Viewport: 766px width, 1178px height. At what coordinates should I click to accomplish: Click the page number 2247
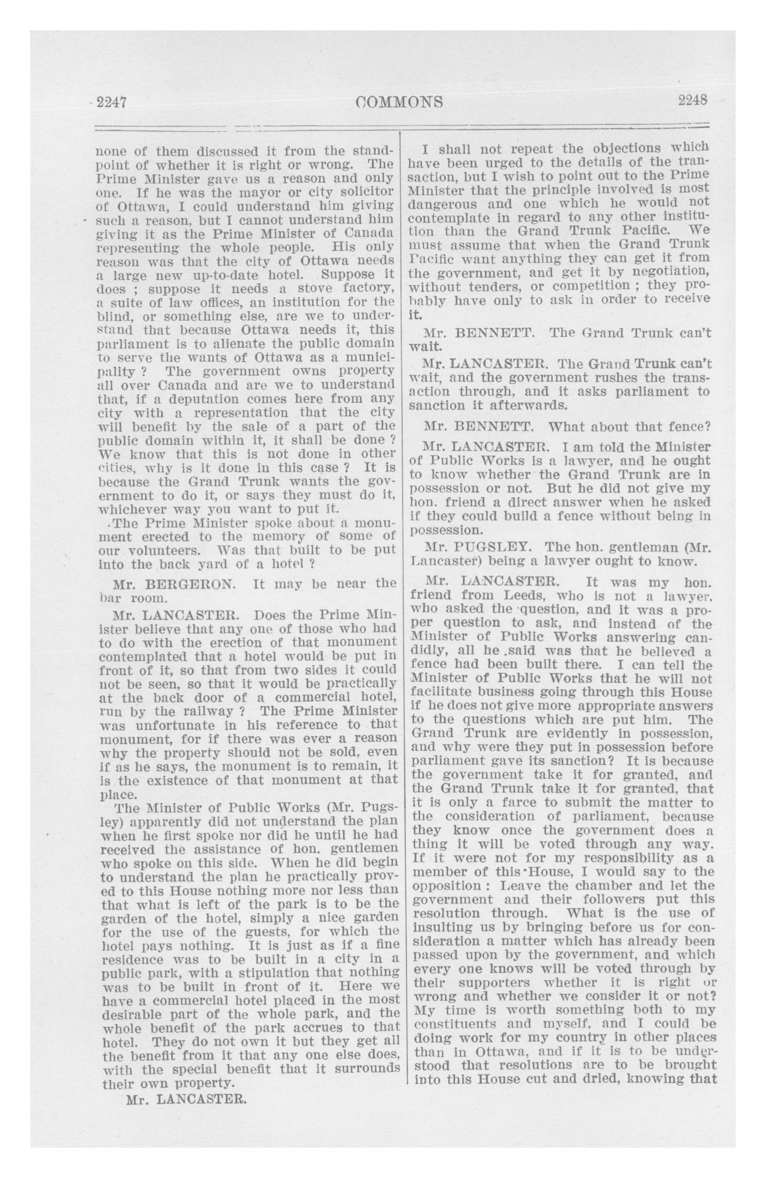click(112, 102)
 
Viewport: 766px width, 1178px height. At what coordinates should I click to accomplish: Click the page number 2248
click(692, 100)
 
